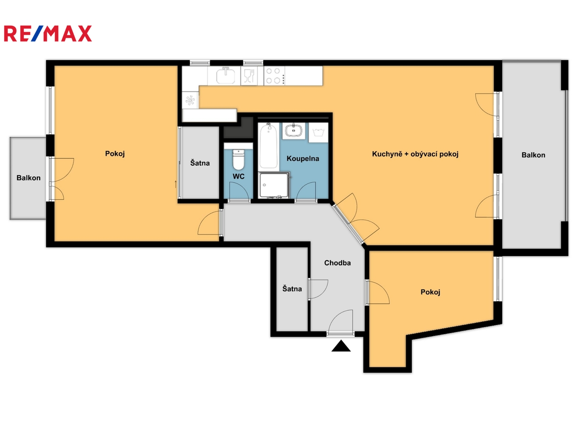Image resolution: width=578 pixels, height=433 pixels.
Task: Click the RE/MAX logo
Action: (x=48, y=33)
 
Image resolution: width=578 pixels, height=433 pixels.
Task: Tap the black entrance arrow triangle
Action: (x=341, y=346)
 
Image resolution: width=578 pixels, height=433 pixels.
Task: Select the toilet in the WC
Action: (x=238, y=160)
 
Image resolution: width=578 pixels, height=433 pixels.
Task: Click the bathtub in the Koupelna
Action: (x=269, y=146)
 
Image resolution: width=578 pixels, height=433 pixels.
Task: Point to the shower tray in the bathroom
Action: (x=274, y=184)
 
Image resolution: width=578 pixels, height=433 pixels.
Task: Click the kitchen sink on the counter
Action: (x=226, y=75)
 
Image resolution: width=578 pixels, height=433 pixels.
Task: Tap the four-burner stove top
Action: (x=274, y=76)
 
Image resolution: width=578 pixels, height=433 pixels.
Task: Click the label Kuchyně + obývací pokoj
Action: (x=415, y=154)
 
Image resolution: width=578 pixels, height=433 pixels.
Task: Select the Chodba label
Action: (x=337, y=263)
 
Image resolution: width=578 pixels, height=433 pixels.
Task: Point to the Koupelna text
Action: (x=303, y=158)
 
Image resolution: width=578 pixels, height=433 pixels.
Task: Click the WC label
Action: (x=238, y=176)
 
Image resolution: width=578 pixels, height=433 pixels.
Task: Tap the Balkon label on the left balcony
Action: (x=28, y=178)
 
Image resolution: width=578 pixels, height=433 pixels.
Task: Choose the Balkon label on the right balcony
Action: (x=533, y=155)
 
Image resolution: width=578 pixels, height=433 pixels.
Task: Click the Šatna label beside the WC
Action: (x=200, y=163)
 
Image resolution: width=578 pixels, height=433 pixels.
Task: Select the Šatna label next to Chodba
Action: (x=292, y=289)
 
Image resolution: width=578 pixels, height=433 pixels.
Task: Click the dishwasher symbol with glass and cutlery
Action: (x=249, y=76)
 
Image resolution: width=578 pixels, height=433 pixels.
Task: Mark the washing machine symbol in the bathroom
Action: (x=318, y=132)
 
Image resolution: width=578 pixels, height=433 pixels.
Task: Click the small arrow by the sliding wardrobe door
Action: (x=176, y=184)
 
